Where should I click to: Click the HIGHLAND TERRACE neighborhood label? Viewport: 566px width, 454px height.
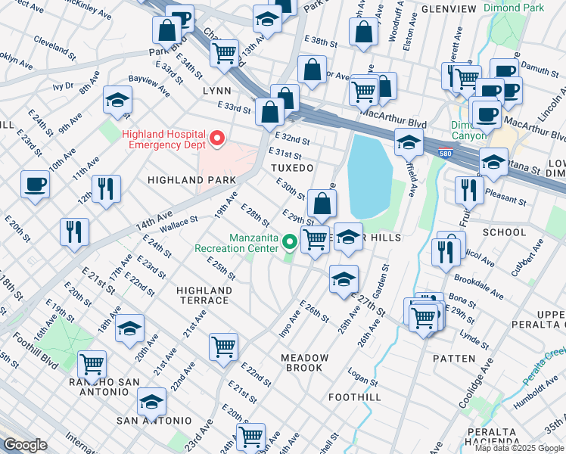coord(204,295)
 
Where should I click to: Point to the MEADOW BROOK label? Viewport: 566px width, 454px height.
coord(305,362)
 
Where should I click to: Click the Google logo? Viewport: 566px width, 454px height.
coord(25,445)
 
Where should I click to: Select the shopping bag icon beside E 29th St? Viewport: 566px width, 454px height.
coord(322,204)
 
